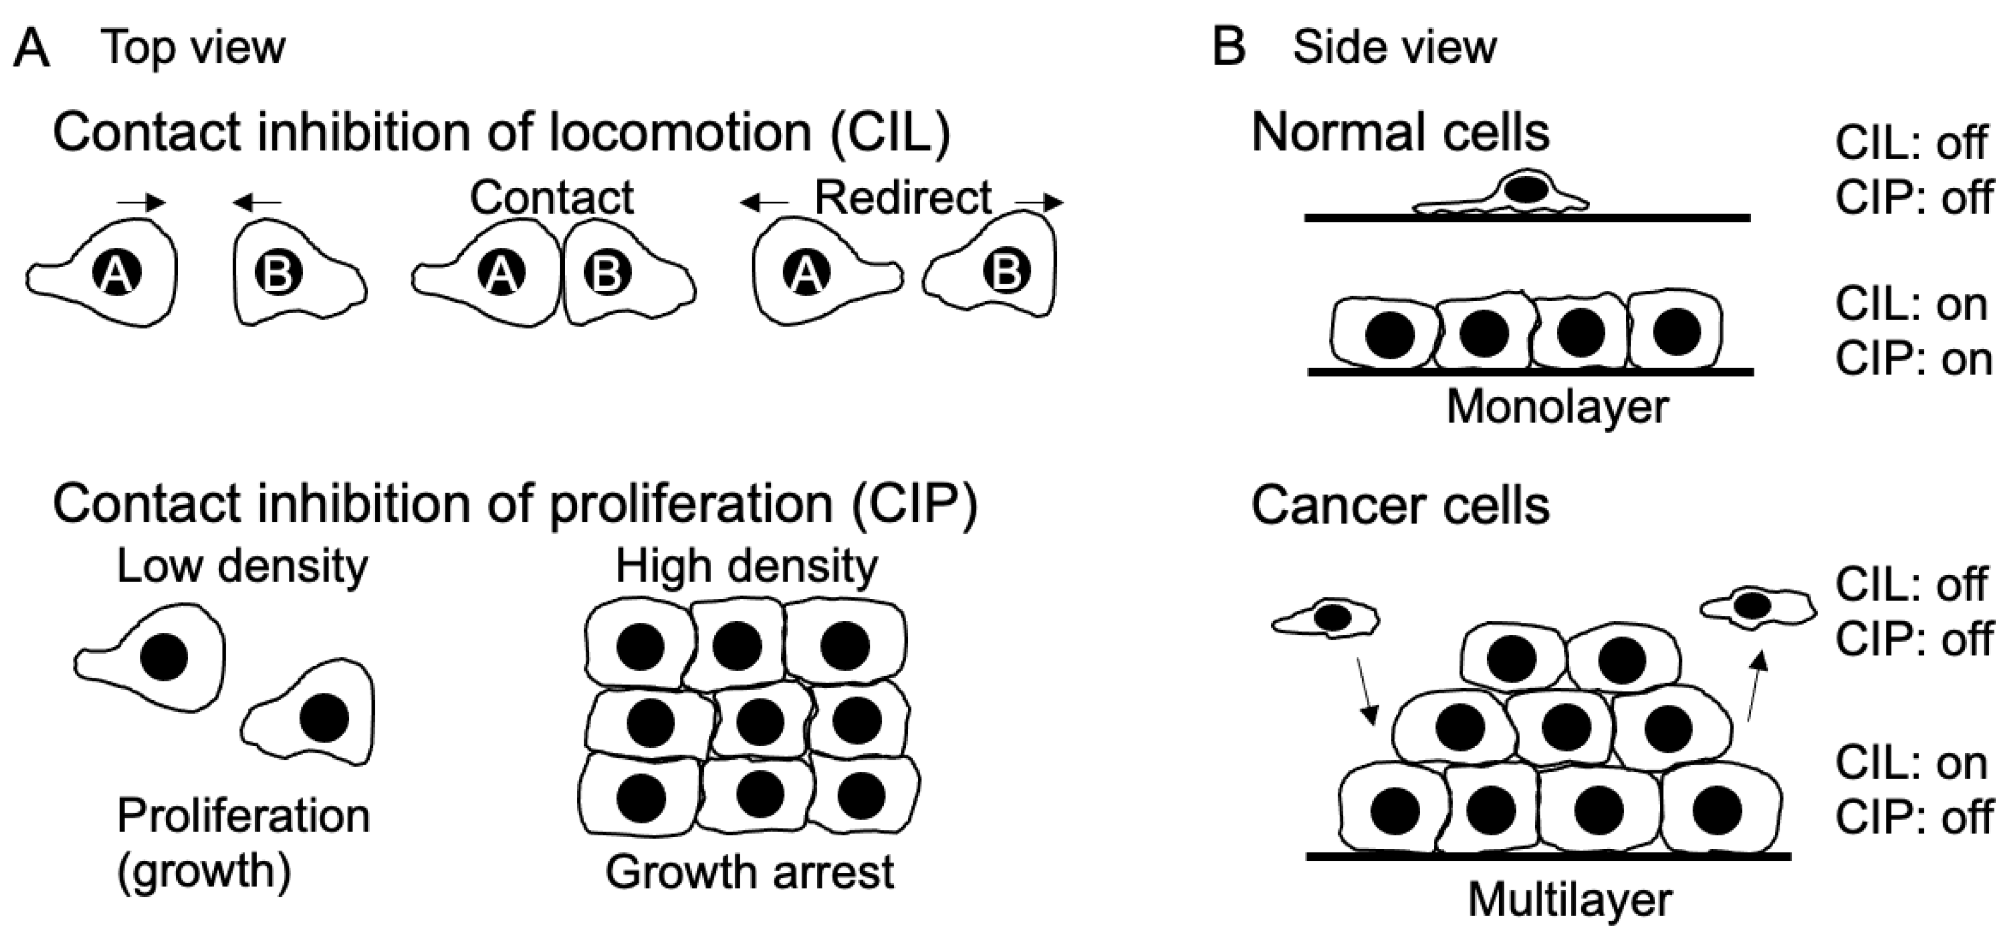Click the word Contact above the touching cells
(552, 198)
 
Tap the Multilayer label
(1569, 899)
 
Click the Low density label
(242, 566)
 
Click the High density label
(746, 566)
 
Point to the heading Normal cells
(1400, 132)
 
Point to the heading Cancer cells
(1400, 506)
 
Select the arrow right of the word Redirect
(1039, 203)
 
